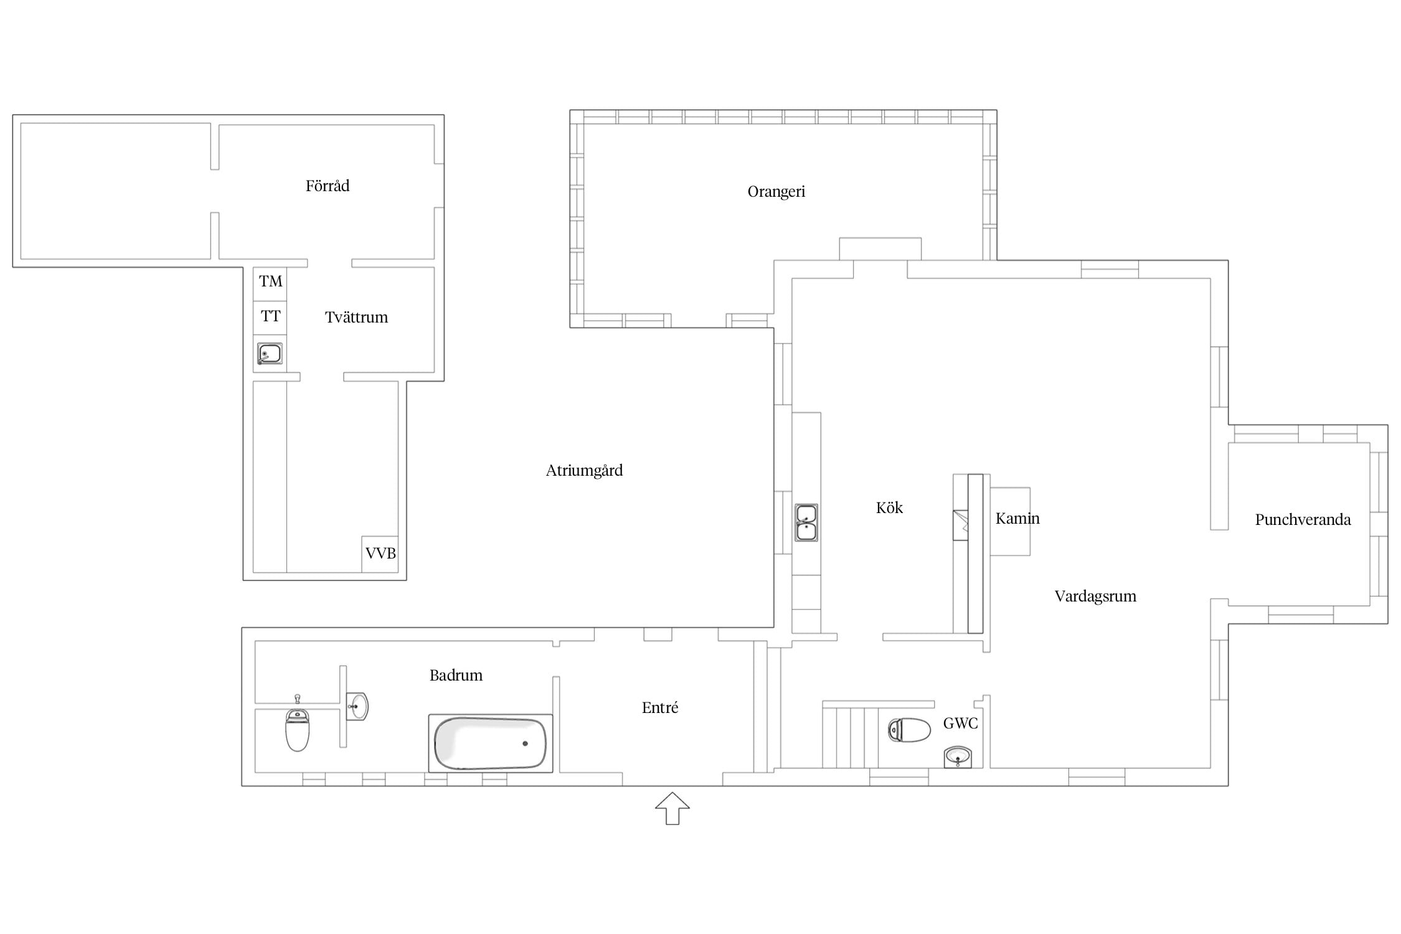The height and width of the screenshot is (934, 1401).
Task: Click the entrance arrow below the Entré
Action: point(672,808)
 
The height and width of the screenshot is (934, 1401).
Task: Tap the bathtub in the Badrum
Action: point(491,743)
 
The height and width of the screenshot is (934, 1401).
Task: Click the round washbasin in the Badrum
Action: point(357,707)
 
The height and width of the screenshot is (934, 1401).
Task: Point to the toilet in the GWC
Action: point(909,730)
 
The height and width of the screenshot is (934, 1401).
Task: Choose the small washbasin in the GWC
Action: point(958,757)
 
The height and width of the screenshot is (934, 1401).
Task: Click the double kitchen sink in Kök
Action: point(806,522)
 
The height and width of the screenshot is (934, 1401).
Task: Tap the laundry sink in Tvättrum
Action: point(270,354)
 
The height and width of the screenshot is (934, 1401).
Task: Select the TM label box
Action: point(270,284)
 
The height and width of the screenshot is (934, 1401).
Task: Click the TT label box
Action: point(270,318)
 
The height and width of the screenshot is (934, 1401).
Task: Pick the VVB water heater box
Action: point(380,554)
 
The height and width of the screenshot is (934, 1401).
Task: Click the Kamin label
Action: point(1017,519)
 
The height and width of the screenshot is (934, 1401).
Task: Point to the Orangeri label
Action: point(776,192)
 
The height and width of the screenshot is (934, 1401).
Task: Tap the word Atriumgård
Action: point(584,471)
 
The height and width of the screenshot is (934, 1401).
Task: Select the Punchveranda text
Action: point(1303,520)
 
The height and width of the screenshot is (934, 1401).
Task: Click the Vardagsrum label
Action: point(1095,597)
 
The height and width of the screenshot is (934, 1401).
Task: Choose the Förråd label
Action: point(328,186)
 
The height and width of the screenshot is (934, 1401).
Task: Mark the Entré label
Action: point(660,707)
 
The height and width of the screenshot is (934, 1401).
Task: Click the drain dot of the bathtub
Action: point(526,743)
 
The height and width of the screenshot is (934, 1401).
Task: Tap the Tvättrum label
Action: point(356,318)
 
